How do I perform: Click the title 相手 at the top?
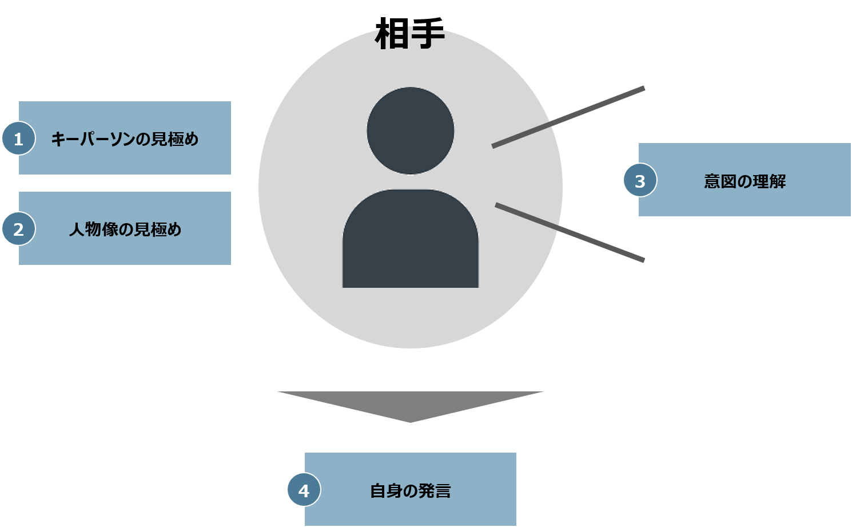pyautogui.click(x=410, y=34)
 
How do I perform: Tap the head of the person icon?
pyautogui.click(x=410, y=130)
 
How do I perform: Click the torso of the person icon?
pyautogui.click(x=410, y=240)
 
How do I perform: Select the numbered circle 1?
pyautogui.click(x=18, y=138)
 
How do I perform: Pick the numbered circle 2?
pyautogui.click(x=18, y=229)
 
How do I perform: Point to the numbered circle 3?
pyautogui.click(x=640, y=181)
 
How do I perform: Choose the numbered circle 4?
pyautogui.click(x=304, y=490)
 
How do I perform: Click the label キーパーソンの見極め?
pyautogui.click(x=125, y=139)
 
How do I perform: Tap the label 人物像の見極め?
pyautogui.click(x=125, y=229)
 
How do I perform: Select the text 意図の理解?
pyautogui.click(x=744, y=181)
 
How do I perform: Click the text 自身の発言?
pyautogui.click(x=410, y=491)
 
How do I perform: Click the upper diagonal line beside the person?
pyautogui.click(x=568, y=117)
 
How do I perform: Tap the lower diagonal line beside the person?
pyautogui.click(x=570, y=232)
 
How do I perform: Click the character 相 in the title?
pyautogui.click(x=392, y=34)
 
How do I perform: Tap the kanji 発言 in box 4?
pyautogui.click(x=434, y=491)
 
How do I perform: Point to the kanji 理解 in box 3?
pyautogui.click(x=769, y=181)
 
